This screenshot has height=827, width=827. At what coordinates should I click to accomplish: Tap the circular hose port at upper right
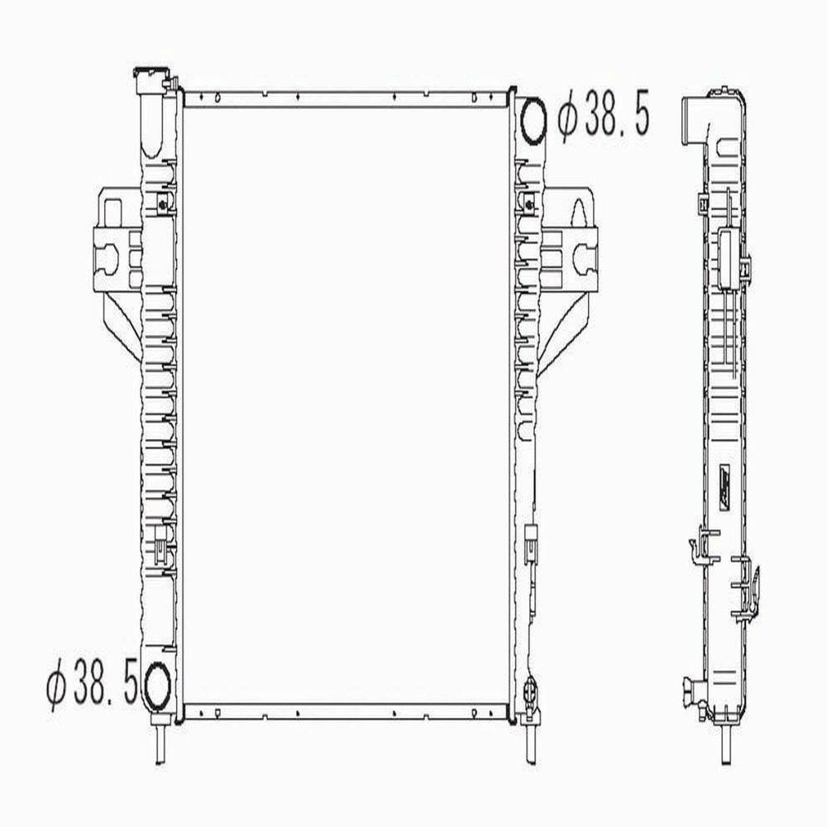[x=534, y=119]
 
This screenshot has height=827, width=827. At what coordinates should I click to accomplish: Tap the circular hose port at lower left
[x=157, y=683]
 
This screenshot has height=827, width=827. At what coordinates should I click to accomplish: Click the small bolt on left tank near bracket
[x=162, y=203]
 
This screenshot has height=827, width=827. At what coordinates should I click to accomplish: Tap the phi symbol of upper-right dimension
[x=567, y=119]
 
